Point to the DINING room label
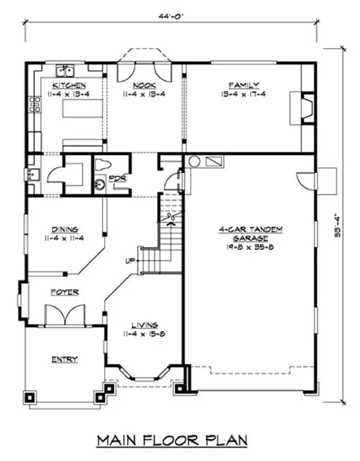64,230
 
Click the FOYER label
64,292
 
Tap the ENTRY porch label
64,359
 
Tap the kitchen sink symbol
67,69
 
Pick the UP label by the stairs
129,262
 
